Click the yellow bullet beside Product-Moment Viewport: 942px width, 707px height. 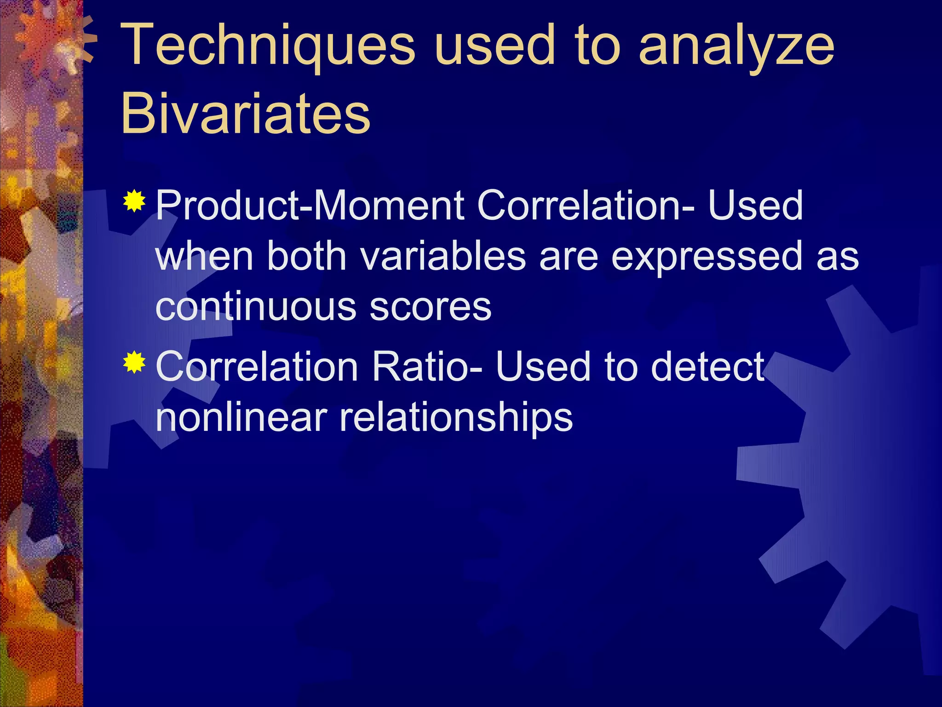(134, 201)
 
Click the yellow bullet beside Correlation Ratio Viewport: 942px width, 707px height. (134, 362)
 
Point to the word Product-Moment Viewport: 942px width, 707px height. (310, 205)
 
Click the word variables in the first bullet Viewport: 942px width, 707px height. (443, 256)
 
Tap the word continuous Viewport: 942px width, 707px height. (256, 307)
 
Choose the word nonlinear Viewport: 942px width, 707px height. (241, 417)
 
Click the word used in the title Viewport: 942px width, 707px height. (494, 46)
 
